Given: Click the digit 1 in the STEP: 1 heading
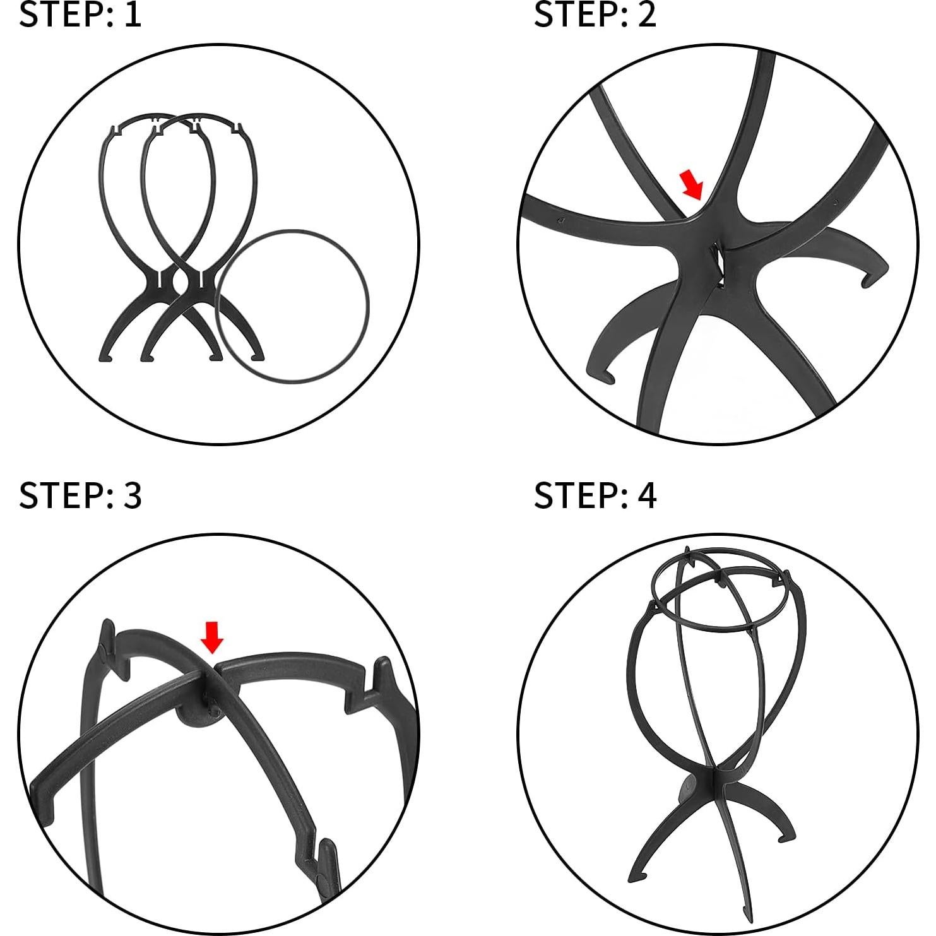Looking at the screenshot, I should point(132,15).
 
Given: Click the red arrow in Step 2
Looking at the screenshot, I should point(692,184).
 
